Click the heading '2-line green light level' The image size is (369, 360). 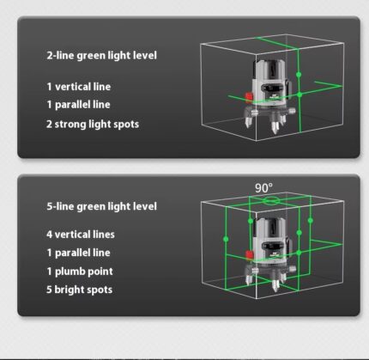pos(101,55)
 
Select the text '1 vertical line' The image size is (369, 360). pos(79,87)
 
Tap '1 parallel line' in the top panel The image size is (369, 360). pos(78,105)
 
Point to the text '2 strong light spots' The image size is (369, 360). pos(93,125)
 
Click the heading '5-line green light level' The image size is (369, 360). pos(101,206)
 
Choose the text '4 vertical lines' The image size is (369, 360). pos(81,235)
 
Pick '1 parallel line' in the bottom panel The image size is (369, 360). pos(78,253)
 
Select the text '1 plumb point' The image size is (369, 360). pos(80,272)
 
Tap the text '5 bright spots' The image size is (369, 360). pos(79,290)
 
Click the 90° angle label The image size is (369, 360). pos(263,188)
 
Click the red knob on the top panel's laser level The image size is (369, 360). pos(249,97)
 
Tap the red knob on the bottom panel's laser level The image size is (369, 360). pos(250,255)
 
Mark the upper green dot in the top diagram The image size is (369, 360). pos(299,75)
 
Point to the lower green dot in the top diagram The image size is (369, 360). pos(299,95)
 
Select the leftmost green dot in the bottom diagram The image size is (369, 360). pos(226,239)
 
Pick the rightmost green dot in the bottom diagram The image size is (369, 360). pos(311,220)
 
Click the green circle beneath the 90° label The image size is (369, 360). pos(271,200)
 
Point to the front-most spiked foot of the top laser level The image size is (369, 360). pos(275,126)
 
